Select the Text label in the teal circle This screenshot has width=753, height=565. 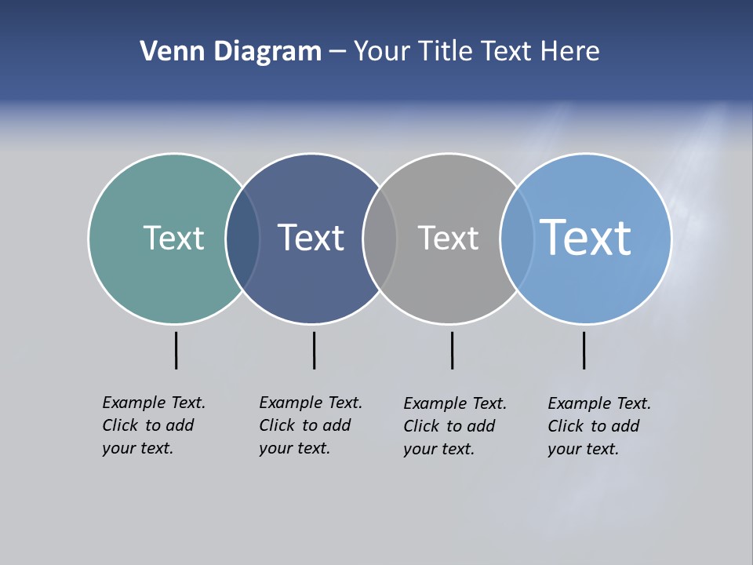173,238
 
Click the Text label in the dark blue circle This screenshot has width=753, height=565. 311,238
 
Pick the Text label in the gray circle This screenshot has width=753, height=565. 448,238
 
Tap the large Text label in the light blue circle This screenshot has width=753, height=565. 585,237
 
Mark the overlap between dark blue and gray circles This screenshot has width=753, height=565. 380,239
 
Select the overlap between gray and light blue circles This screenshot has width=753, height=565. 517,239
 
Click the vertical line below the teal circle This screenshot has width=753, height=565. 176,350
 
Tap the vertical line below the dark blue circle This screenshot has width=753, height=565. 314,350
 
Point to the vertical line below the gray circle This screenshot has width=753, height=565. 452,350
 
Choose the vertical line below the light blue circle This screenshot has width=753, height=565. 584,350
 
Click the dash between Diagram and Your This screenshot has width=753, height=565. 336,53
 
